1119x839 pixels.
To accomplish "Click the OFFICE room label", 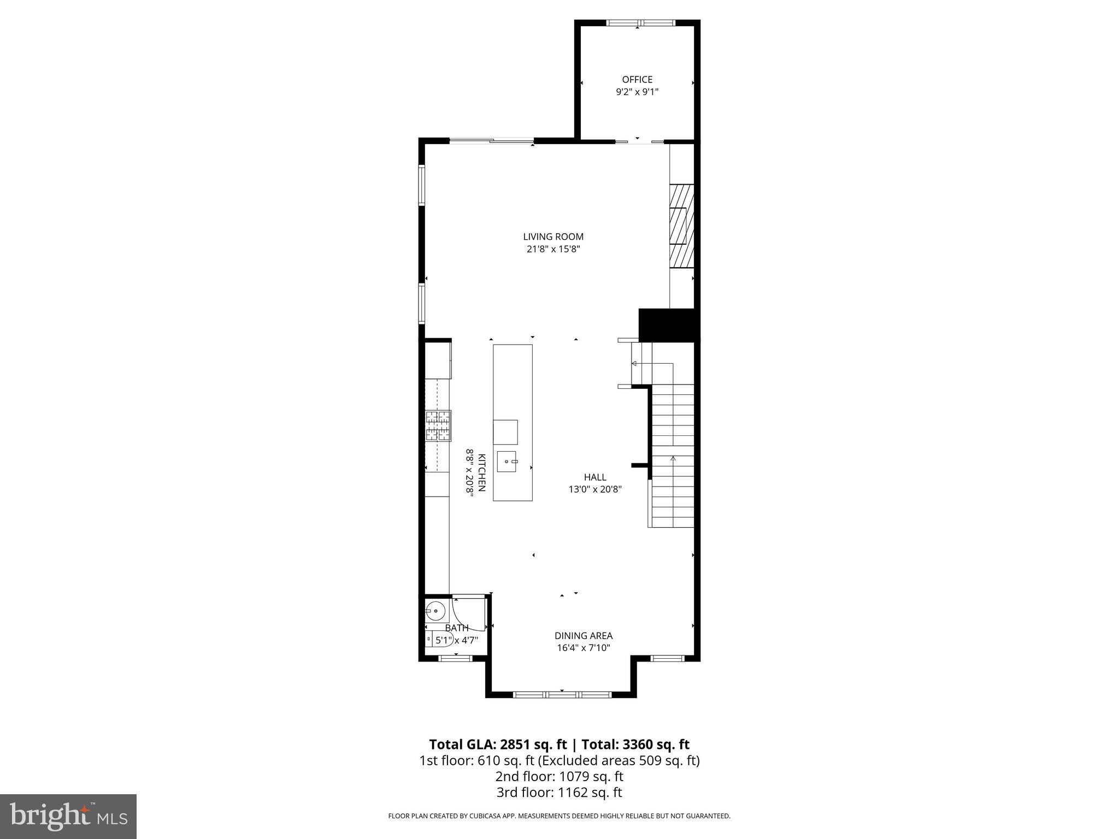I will tap(637, 80).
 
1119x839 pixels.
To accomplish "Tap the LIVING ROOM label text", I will tap(553, 237).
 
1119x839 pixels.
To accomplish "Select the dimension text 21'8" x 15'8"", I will tap(553, 249).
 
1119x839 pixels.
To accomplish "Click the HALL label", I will tap(595, 477).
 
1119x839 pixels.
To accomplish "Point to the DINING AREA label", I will tap(583, 636).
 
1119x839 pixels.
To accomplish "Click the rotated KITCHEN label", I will tap(481, 472).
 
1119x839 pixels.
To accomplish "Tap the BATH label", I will tap(456, 628).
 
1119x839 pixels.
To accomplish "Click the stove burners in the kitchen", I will tap(439, 426).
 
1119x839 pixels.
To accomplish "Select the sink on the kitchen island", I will tap(508, 462).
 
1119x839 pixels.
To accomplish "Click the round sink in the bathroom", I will tap(435, 610).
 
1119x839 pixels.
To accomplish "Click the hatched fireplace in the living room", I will tap(682, 226).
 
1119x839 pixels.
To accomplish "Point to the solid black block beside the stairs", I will tap(669, 325).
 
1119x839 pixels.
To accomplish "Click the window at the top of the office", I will tap(641, 23).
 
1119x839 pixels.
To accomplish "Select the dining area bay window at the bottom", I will tap(562, 694).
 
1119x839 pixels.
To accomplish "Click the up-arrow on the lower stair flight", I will tap(673, 459).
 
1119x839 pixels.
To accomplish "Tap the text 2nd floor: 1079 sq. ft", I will tap(559, 776).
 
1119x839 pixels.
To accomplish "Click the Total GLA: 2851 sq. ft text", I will tap(498, 745).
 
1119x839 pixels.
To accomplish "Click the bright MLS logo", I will tap(68, 816).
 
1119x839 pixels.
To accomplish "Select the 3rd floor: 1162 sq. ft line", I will tap(559, 793).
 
